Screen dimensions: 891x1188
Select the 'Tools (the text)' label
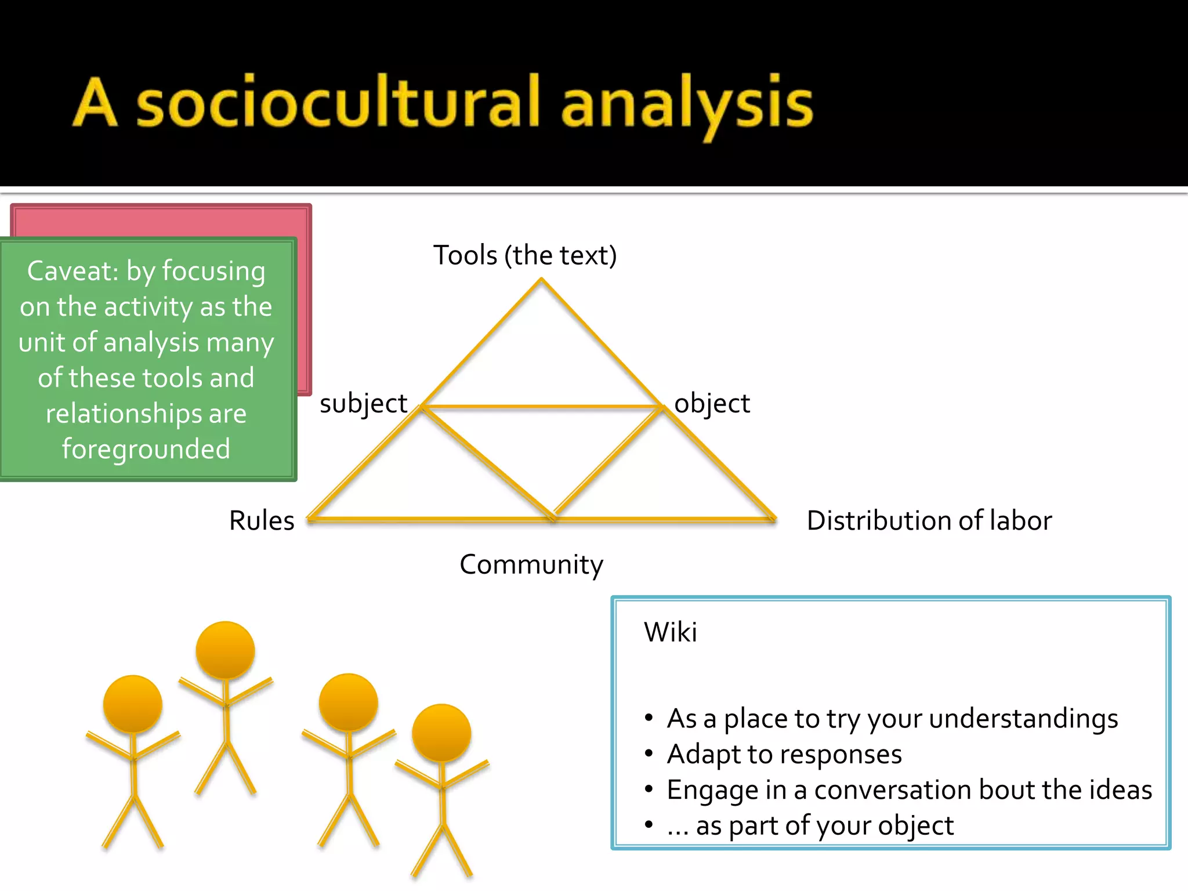(x=525, y=255)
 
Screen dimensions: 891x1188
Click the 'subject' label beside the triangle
(x=364, y=403)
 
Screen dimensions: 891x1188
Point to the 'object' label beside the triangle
(x=712, y=403)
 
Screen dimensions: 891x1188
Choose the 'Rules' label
(x=262, y=520)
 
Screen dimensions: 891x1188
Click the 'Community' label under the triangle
(x=531, y=564)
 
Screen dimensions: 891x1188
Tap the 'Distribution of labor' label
(x=929, y=520)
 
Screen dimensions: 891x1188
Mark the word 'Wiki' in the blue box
(x=671, y=632)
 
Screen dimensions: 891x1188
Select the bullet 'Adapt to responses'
(x=784, y=754)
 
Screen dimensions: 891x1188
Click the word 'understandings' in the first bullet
(x=1023, y=719)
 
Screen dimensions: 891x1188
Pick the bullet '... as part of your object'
(x=810, y=825)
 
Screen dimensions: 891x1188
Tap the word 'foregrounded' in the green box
(x=146, y=449)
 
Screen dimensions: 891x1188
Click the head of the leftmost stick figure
(x=133, y=704)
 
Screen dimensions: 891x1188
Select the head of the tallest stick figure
(x=225, y=650)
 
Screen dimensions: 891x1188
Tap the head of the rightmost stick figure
(x=441, y=733)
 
